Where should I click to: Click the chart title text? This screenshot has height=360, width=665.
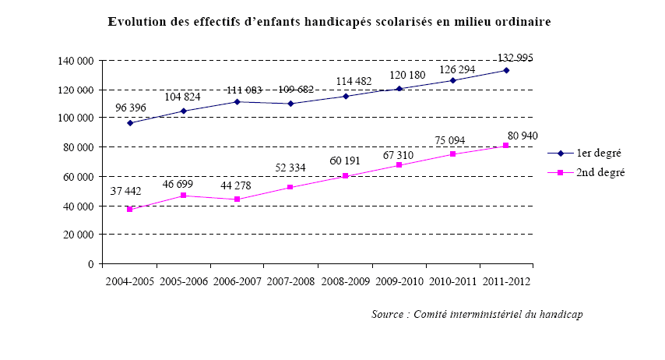(x=329, y=23)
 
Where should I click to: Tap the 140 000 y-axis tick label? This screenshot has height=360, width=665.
(x=76, y=61)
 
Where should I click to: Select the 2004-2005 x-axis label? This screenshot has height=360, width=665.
(x=130, y=281)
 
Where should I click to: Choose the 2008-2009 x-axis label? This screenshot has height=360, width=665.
(x=345, y=281)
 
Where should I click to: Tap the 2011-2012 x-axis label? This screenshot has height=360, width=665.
(x=506, y=281)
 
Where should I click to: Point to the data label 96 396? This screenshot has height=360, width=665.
(x=133, y=108)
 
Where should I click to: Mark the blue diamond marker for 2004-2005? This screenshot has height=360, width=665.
(x=130, y=123)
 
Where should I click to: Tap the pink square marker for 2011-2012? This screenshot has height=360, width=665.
(x=506, y=146)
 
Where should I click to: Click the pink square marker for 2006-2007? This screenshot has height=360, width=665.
(x=237, y=199)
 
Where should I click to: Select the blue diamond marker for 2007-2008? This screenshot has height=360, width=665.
(x=291, y=104)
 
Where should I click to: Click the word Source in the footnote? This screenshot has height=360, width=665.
(x=387, y=315)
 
